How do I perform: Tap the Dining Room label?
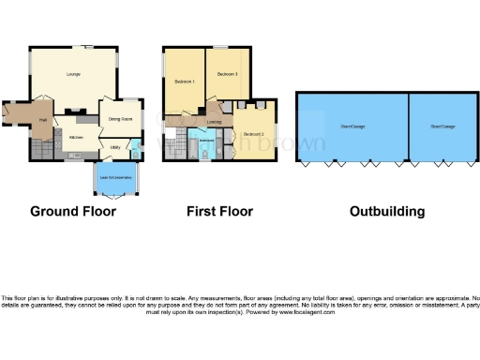(118, 118)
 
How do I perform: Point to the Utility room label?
(114, 146)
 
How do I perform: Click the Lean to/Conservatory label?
(114, 174)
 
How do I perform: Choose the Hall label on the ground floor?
(43, 120)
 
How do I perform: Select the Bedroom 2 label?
(251, 134)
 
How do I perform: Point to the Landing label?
(214, 122)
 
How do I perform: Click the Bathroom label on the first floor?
(207, 141)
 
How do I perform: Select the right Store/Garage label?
(442, 126)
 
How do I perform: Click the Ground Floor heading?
(73, 211)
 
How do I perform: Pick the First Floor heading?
(219, 211)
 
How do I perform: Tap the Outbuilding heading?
(386, 211)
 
